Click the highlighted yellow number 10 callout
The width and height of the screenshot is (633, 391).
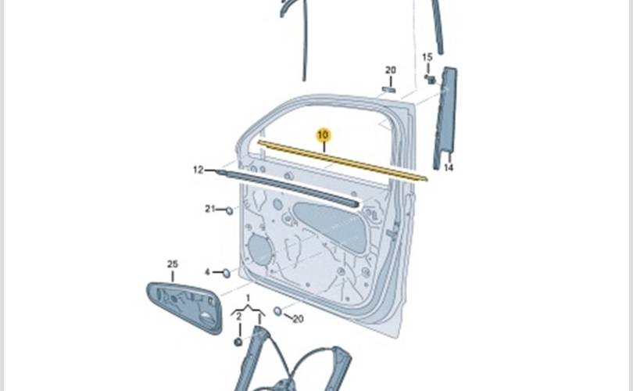323,135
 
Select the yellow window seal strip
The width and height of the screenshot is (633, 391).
342,161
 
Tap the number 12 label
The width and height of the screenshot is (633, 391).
198,170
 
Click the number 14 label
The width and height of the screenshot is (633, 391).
449,167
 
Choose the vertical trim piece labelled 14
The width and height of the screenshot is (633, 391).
445,117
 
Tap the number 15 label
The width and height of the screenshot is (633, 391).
427,57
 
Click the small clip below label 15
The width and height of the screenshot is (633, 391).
431,79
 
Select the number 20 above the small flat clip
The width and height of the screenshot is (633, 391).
391,70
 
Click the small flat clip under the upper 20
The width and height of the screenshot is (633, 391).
388,89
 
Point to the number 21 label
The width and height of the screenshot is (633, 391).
210,209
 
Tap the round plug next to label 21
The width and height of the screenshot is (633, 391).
229,210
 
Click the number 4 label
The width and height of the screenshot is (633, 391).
207,272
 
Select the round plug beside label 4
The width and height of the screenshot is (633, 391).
227,274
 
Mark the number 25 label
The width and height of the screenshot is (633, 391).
173,264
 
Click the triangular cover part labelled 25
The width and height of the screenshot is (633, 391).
185,308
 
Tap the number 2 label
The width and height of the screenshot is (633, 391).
238,317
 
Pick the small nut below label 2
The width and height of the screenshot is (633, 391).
238,343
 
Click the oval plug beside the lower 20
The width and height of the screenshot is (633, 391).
277,311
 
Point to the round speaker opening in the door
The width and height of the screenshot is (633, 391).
260,249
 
